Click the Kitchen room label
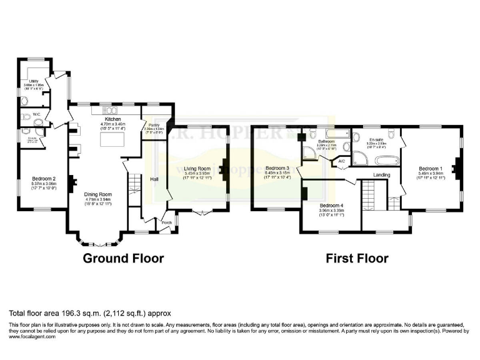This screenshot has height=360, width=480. point(112,119)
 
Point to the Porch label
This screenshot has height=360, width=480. point(167,222)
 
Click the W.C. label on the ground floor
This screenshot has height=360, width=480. point(27,114)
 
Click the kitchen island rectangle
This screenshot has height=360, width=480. point(113,143)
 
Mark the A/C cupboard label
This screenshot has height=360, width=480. point(342,161)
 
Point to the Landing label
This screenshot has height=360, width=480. point(382,176)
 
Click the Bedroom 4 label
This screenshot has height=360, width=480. point(331,206)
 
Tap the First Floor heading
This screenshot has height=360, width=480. point(356,258)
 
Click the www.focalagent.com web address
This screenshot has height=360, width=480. point(32,336)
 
